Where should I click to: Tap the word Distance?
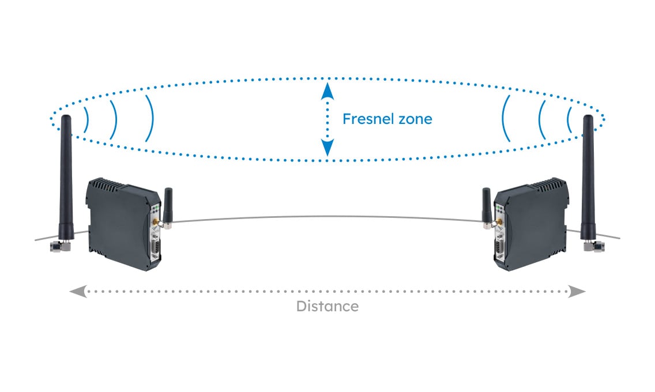[x=327, y=306]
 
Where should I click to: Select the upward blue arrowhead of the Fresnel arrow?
[x=327, y=89]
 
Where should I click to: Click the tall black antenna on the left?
[x=66, y=173]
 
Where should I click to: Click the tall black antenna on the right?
[x=588, y=173]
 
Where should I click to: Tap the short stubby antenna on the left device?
[x=168, y=205]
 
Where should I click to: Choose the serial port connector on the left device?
[x=156, y=249]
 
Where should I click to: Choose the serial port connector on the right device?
[x=499, y=249]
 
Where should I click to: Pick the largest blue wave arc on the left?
[x=150, y=118]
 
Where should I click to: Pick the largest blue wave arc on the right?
[x=506, y=118]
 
